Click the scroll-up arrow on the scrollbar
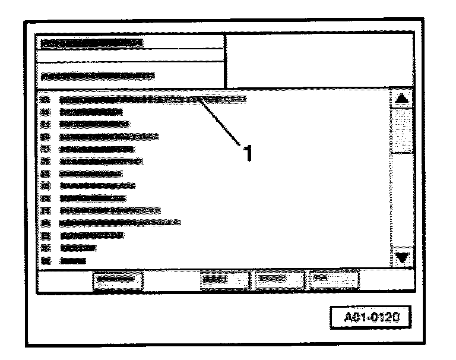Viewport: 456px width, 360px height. click(x=403, y=99)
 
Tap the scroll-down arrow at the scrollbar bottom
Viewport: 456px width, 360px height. click(x=403, y=258)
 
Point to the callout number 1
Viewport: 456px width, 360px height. click(x=248, y=153)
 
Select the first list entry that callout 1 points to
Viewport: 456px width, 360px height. click(x=152, y=99)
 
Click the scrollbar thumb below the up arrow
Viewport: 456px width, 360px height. click(x=403, y=128)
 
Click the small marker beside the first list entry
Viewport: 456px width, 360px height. click(x=46, y=99)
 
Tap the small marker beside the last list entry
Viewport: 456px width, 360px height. click(x=46, y=260)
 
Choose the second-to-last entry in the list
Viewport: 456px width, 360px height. click(x=77, y=248)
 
